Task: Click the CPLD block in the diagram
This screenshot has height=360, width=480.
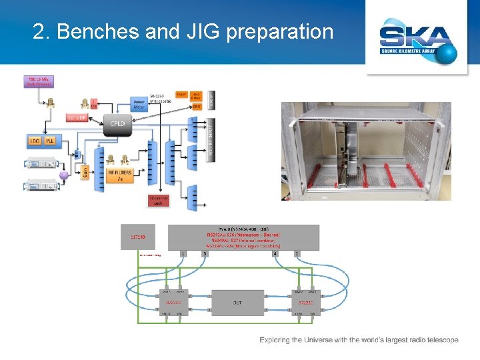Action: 117,123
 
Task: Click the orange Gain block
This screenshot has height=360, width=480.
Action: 85,173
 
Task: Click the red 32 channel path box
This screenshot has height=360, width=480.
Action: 157,201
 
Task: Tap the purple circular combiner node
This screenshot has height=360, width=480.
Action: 65,175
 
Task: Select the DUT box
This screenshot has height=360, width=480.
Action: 237,302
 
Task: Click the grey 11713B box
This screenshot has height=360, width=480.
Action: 138,237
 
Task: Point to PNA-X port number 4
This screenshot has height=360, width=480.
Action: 275,253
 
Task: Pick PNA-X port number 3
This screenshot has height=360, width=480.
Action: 204,253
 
